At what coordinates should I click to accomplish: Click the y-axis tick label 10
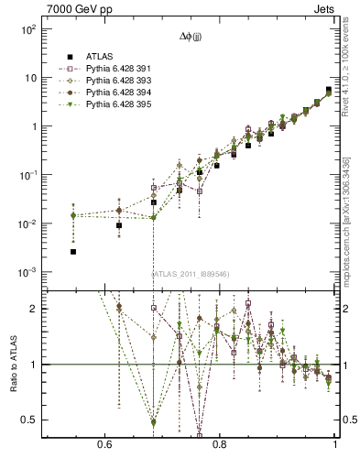pos(29,78)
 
